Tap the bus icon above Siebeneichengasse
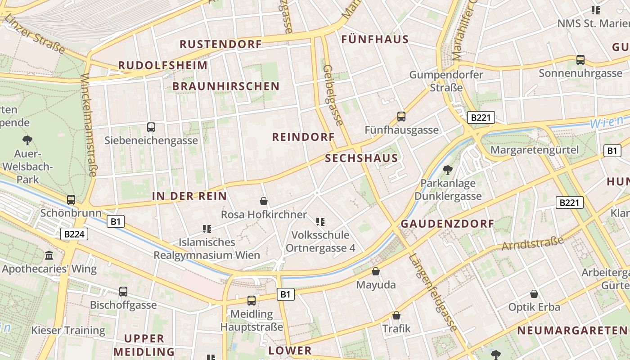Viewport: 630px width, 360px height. point(151,127)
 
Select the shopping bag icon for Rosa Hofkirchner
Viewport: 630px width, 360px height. point(264,201)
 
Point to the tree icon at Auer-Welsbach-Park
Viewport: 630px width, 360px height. point(27,140)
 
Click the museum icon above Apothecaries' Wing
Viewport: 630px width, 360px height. point(49,256)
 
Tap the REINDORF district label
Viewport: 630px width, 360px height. point(303,137)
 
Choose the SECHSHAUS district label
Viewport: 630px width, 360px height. point(361,158)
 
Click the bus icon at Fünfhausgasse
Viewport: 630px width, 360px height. point(401,117)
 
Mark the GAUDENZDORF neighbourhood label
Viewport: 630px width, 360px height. point(447,224)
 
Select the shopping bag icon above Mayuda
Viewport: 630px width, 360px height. point(376,271)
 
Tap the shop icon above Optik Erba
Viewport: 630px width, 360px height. point(534,294)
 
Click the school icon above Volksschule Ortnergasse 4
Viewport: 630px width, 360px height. point(320,221)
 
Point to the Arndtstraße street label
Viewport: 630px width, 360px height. point(533,243)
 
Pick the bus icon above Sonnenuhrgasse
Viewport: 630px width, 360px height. point(580,59)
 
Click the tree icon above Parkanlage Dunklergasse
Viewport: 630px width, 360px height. point(448,170)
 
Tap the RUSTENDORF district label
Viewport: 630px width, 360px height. point(220,44)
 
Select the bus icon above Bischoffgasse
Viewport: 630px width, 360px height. point(123,292)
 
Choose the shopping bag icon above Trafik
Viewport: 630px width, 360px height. point(396,315)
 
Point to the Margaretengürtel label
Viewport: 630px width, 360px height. point(535,150)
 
